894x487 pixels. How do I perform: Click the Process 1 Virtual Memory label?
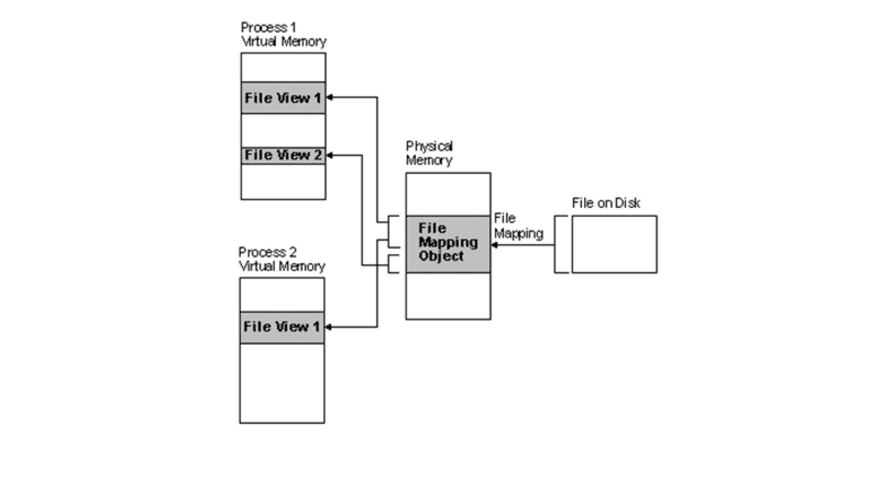click(x=283, y=34)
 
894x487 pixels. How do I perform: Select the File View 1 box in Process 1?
click(x=283, y=98)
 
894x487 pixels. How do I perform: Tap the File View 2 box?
click(x=283, y=155)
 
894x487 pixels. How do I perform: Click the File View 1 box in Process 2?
click(x=282, y=327)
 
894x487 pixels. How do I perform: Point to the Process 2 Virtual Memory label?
click(x=282, y=259)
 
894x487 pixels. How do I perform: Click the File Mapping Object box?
click(x=448, y=243)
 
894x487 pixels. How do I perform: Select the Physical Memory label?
click(x=429, y=153)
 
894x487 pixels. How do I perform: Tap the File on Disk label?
click(x=606, y=203)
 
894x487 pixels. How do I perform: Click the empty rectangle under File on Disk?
click(x=614, y=244)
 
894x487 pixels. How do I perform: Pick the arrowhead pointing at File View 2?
click(x=330, y=155)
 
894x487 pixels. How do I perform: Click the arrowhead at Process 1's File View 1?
click(x=330, y=97)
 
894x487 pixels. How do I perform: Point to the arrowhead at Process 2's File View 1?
click(x=329, y=327)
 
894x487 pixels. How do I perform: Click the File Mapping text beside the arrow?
click(x=518, y=226)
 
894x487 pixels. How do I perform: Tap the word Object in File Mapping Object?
click(x=441, y=256)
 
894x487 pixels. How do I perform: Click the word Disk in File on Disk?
click(x=627, y=203)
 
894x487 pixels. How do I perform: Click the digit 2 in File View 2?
click(x=317, y=155)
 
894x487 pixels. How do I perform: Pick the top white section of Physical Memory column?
click(x=448, y=194)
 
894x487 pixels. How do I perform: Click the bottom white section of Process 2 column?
click(x=282, y=383)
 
